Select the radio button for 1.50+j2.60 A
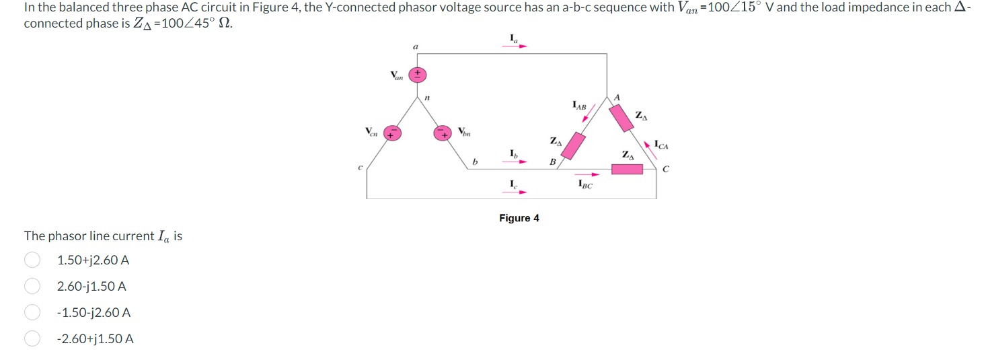pos(31,260)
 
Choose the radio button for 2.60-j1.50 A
pos(31,287)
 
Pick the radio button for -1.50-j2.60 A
pos(31,313)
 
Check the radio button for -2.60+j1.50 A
pos(31,339)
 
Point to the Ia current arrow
pos(516,46)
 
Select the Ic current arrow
pos(516,192)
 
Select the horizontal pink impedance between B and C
pos(627,168)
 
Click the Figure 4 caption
pos(519,218)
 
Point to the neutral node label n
pos(426,98)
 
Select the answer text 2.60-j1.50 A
pos(91,287)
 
